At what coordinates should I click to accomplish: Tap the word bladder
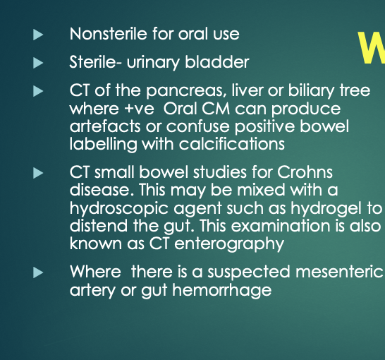coord(217,61)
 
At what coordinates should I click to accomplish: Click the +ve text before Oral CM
coord(140,109)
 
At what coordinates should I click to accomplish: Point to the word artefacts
coord(105,126)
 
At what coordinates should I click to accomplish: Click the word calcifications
coord(232,144)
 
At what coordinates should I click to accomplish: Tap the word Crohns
coord(305,172)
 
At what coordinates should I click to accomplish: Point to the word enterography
coord(229,244)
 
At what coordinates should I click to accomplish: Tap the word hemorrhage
coord(222,290)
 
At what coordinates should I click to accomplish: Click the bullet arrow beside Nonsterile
coord(38,35)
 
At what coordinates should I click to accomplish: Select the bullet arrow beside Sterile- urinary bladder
coord(38,63)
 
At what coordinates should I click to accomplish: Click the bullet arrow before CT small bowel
coord(38,173)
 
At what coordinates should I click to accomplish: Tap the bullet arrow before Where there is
coord(38,272)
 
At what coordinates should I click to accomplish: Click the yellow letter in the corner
coord(372,48)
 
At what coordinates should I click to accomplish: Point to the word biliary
coord(312,91)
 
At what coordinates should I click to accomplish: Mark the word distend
coord(99,226)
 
